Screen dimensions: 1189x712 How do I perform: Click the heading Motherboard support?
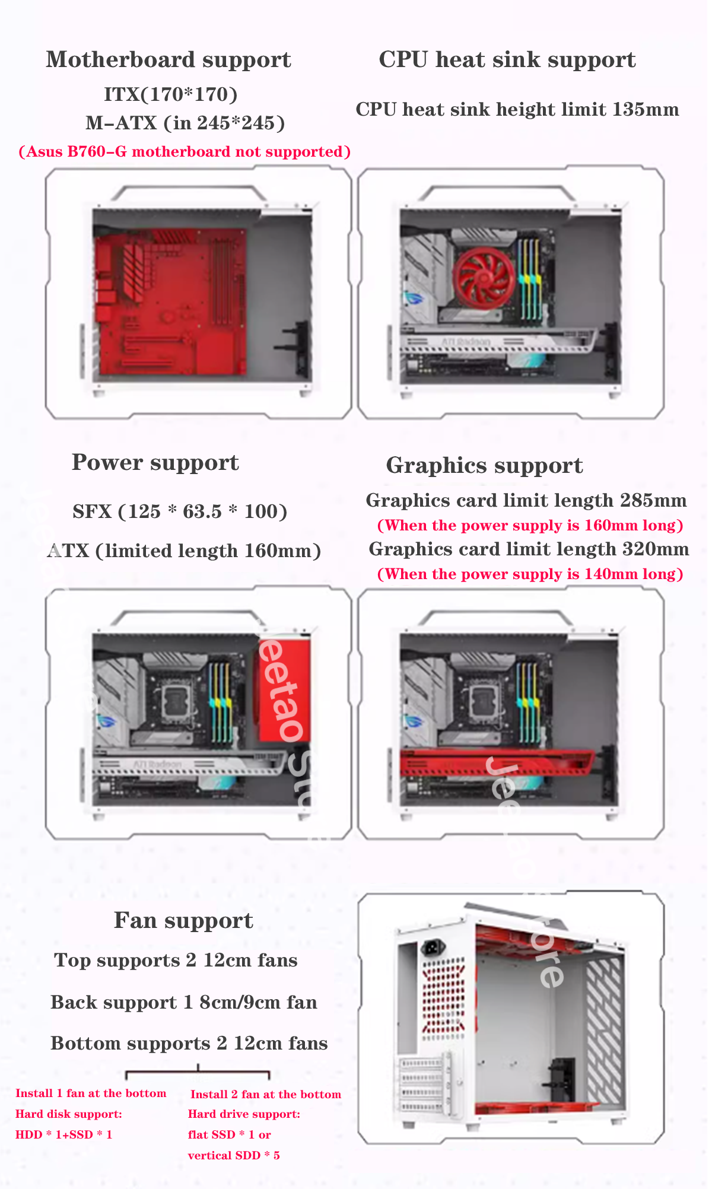pyautogui.click(x=169, y=60)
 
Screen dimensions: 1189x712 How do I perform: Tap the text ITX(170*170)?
pyautogui.click(x=171, y=94)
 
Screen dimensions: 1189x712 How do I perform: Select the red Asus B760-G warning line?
pyautogui.click(x=185, y=152)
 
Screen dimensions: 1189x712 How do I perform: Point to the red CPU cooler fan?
pyautogui.click(x=484, y=278)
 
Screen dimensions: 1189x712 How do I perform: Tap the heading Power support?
pyautogui.click(x=155, y=463)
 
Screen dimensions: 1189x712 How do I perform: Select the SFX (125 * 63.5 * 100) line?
pyautogui.click(x=180, y=511)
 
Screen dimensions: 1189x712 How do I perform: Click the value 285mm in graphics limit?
pyautogui.click(x=653, y=501)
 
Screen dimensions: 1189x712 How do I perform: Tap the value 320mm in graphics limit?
pyautogui.click(x=655, y=549)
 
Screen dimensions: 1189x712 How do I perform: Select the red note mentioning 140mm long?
pyautogui.click(x=530, y=574)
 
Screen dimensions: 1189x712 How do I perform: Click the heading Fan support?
pyautogui.click(x=183, y=921)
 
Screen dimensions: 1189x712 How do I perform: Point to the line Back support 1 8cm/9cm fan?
pyautogui.click(x=183, y=1003)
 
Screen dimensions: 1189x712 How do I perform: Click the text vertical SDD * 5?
pyautogui.click(x=234, y=1155)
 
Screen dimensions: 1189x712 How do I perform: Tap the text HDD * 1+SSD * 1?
pyautogui.click(x=64, y=1134)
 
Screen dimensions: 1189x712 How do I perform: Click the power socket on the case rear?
pyautogui.click(x=434, y=947)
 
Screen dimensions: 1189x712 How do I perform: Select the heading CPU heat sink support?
pyautogui.click(x=507, y=60)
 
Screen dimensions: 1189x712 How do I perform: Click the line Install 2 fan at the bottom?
pyautogui.click(x=265, y=1094)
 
